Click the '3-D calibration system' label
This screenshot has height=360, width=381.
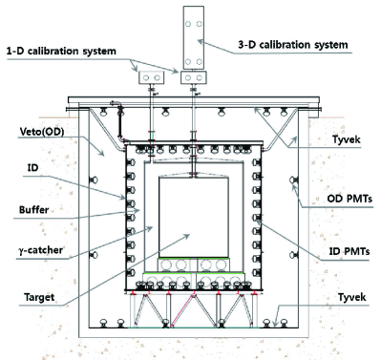point(293,45)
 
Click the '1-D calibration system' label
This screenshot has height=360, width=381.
point(61,51)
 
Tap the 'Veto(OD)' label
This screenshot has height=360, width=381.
point(42,131)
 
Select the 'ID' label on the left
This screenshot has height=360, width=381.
point(32,167)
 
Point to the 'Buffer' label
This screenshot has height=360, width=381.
point(34,210)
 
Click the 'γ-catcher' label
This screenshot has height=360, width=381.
point(41,250)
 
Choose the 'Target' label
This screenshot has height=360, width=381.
point(39,297)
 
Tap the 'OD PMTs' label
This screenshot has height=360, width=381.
point(349,199)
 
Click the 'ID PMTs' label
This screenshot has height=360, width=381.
point(349,251)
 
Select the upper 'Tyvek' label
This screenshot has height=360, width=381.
point(347,139)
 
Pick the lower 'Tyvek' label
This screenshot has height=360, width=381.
point(352,297)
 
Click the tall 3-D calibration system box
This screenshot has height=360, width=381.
point(194,37)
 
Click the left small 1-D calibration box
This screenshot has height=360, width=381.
point(151,77)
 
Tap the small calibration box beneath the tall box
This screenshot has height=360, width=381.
point(194,77)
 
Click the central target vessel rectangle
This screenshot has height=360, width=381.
point(194,217)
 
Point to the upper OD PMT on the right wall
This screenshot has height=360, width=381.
point(293,180)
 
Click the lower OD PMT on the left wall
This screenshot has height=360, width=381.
point(94,255)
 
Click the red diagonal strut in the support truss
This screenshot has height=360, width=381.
point(183,311)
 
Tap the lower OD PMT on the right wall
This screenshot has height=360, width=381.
point(293,255)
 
